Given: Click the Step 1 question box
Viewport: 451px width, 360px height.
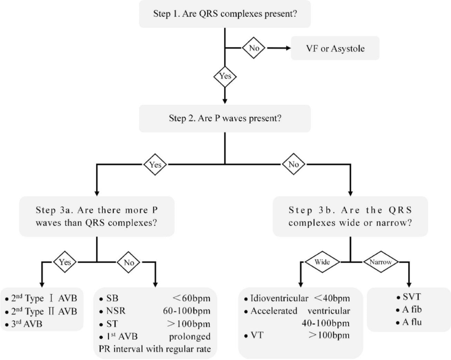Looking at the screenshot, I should click(x=225, y=14).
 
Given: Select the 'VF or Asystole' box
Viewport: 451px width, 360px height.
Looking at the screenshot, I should click(x=335, y=48).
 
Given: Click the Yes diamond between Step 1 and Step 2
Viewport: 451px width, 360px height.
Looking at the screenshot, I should click(x=225, y=76).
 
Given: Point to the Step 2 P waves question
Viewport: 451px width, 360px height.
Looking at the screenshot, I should click(x=225, y=119).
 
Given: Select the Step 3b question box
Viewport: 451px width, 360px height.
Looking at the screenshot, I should click(x=350, y=216).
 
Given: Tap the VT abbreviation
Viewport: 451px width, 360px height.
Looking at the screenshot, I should click(x=255, y=335).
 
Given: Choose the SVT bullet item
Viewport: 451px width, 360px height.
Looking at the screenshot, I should click(x=409, y=298).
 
